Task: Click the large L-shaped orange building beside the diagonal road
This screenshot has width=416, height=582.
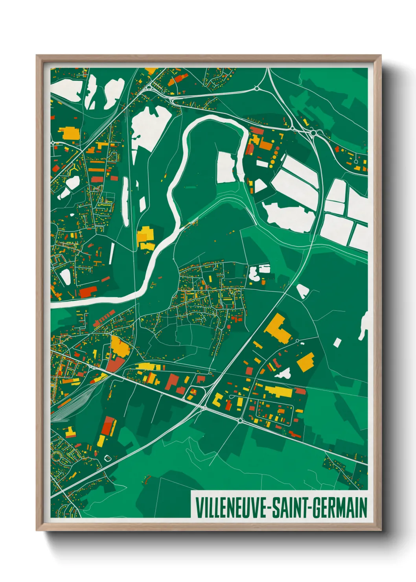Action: [x=278, y=328]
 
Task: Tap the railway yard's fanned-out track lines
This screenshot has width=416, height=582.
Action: [x=63, y=409]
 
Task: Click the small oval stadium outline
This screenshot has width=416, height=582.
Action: [x=107, y=458]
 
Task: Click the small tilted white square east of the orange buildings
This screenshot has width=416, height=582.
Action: [x=337, y=343]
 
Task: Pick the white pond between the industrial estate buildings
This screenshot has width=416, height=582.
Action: [x=284, y=373]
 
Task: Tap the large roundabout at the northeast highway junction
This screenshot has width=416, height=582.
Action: [x=313, y=133]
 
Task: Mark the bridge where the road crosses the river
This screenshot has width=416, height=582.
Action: [x=136, y=297]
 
